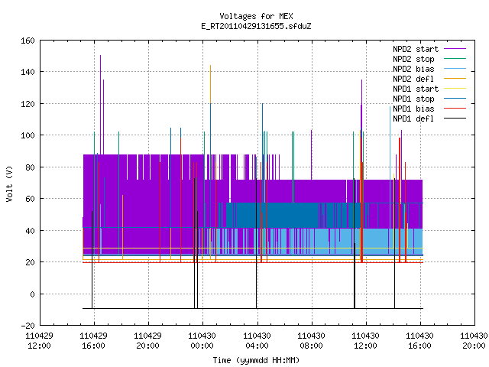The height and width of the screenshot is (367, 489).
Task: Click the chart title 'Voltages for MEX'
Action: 256,16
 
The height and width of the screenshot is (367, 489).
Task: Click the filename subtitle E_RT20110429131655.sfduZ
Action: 256,26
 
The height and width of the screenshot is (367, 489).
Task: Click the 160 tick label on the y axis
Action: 28,41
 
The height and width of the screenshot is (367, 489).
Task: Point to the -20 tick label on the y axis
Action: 28,326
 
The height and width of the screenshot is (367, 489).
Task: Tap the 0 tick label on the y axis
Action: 32,294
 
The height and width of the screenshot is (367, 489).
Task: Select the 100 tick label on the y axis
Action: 28,135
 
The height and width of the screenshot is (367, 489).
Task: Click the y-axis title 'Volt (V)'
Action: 9,183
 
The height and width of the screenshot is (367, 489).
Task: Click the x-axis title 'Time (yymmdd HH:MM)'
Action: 256,360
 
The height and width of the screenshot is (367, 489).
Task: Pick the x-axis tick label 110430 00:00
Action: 202,341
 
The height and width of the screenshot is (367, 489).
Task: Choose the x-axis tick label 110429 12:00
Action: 39,341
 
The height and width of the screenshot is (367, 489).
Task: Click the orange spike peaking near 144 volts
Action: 211,84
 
